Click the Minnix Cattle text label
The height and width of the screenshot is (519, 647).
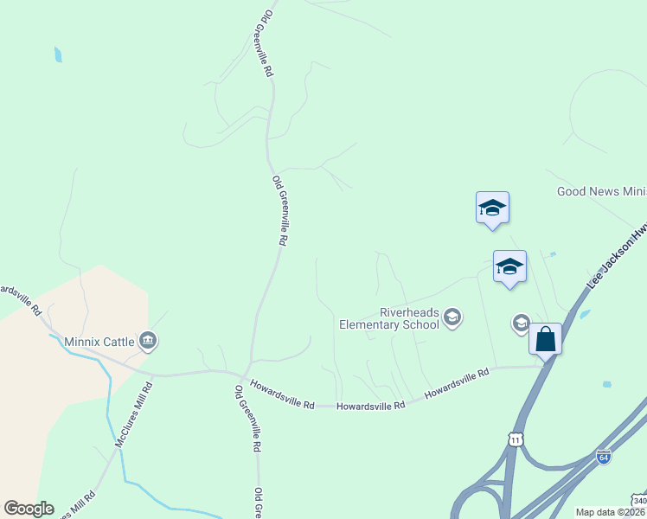100,342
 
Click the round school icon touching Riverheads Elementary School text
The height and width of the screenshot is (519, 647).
452,318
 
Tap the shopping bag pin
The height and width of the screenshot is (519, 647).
546,338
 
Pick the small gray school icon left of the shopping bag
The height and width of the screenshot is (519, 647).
521,323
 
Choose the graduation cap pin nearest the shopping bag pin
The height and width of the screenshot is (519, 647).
509,266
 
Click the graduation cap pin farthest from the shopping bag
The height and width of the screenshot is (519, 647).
492,208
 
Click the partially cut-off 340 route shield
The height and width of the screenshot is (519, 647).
638,502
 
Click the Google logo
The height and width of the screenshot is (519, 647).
29,508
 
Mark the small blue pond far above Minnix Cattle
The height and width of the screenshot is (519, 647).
58,54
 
